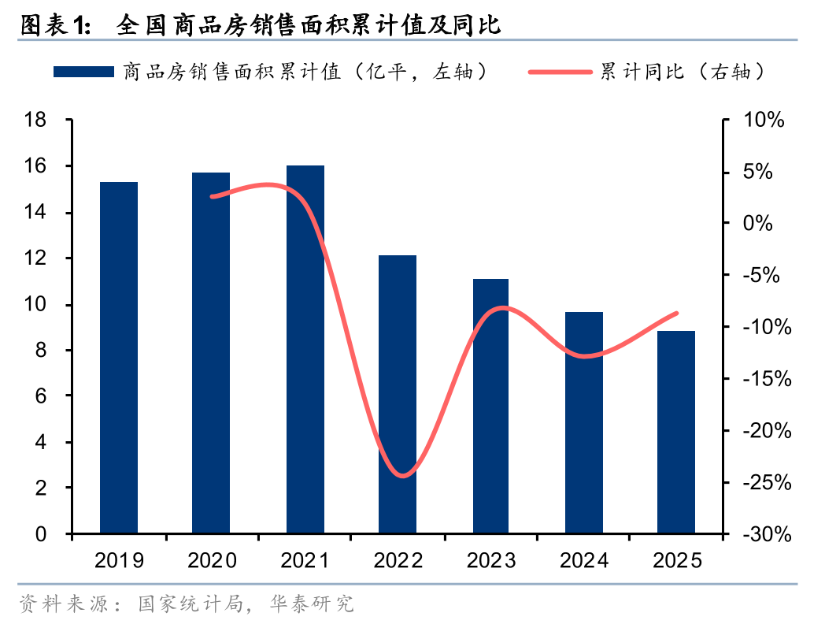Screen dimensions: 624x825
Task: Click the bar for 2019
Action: click(119, 358)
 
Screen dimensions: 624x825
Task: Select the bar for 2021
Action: click(305, 350)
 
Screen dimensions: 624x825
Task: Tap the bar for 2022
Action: click(398, 394)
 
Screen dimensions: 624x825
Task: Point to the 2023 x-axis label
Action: click(490, 560)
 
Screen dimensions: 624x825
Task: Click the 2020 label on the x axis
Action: click(212, 560)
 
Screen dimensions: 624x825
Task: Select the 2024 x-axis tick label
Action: click(583, 560)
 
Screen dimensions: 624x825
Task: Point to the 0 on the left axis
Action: click(41, 534)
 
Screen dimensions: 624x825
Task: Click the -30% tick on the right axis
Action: click(758, 534)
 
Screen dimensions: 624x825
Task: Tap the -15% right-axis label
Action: click(758, 379)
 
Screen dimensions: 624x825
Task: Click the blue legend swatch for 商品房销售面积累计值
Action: click(83, 72)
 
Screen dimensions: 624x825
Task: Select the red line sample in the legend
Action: click(560, 72)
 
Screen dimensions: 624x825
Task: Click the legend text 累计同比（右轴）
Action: click(683, 72)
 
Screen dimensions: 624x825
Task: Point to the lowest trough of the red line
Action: click(402, 475)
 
